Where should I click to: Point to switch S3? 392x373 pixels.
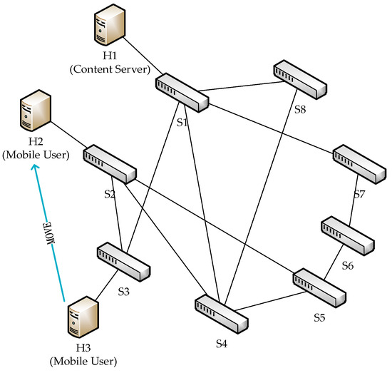124,262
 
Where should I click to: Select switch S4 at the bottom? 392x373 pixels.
221,313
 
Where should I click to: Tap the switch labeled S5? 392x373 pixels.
319,285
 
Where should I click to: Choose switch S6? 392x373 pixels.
346,235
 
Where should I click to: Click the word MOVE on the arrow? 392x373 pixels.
49,233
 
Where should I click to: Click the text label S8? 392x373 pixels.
301,110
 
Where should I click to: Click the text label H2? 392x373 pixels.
29,142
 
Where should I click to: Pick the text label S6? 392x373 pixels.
348,265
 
